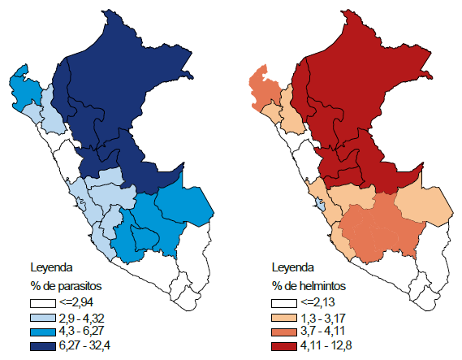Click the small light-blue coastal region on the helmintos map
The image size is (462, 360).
click(322, 201)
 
